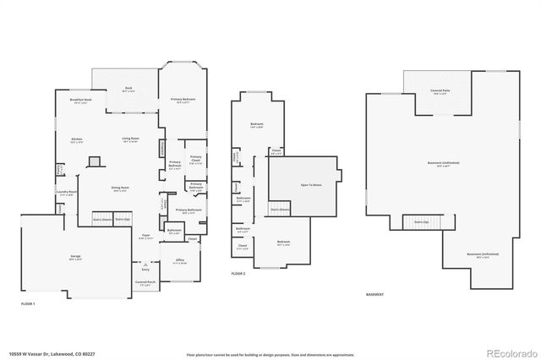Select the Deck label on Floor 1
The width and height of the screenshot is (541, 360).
pyautogui.click(x=128, y=88)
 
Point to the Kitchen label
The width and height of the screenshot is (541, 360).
pyautogui.click(x=76, y=139)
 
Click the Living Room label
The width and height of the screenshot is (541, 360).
pyautogui.click(x=130, y=139)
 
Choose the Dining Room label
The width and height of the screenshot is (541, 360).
pyautogui.click(x=120, y=188)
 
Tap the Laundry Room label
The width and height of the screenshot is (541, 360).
pyautogui.click(x=66, y=193)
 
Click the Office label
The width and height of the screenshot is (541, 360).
pyautogui.click(x=180, y=260)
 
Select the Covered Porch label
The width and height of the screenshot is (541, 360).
pyautogui.click(x=145, y=282)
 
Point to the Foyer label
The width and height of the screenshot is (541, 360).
pyautogui.click(x=145, y=236)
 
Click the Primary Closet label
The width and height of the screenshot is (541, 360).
pyautogui.click(x=195, y=158)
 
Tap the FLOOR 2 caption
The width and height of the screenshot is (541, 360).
pyautogui.click(x=239, y=275)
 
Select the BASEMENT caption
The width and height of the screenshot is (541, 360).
pyautogui.click(x=374, y=295)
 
